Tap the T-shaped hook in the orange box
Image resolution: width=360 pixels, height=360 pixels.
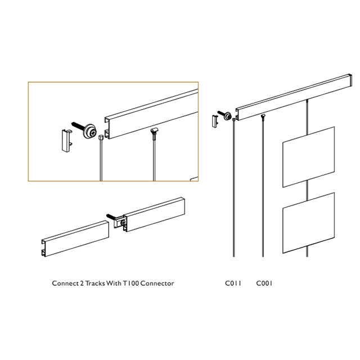tap(154, 133)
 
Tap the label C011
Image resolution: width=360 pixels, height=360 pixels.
tap(233, 283)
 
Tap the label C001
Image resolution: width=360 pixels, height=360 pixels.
tap(264, 283)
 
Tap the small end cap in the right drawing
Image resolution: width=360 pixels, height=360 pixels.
tap(214, 121)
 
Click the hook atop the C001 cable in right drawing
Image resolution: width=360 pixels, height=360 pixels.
tap(263, 116)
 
